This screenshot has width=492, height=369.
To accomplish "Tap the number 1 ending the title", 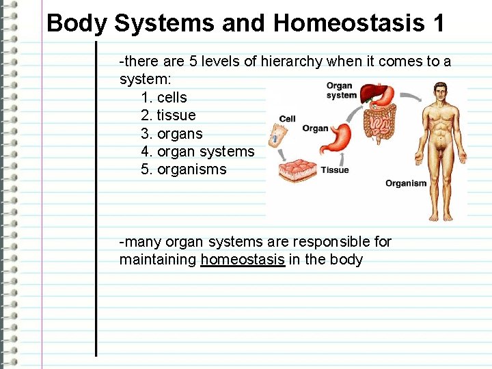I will point(438,23).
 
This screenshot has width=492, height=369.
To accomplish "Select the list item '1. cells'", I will point(163,97).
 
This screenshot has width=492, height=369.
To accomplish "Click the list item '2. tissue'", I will point(168,115).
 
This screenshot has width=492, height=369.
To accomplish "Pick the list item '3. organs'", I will point(172,133).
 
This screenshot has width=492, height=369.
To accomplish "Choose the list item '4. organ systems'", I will point(197,151).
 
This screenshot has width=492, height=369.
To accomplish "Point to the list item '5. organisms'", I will point(183,169).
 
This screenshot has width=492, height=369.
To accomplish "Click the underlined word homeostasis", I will point(243,260).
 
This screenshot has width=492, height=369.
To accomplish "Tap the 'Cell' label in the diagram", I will point(288,119).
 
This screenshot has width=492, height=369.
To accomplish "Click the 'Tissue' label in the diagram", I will point(335,170).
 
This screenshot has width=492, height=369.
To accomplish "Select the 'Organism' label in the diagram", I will point(406,183).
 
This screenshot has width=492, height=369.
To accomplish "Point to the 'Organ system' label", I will point(340,90).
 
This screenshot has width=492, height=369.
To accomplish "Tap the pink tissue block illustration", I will point(297,170).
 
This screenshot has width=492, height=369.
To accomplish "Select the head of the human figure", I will point(441,92).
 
